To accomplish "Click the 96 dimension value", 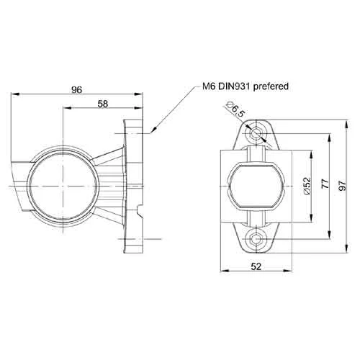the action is coord(77,89).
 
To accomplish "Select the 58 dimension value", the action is coord(103,104).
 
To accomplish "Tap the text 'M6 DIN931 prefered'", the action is coord(246,86).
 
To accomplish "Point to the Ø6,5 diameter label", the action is coord(235,109).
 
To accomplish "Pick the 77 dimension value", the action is coord(325,184).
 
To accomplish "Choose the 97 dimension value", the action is coord(343,185).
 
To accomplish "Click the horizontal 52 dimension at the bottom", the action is coord(256,266).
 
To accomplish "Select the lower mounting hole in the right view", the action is coord(256,239).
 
